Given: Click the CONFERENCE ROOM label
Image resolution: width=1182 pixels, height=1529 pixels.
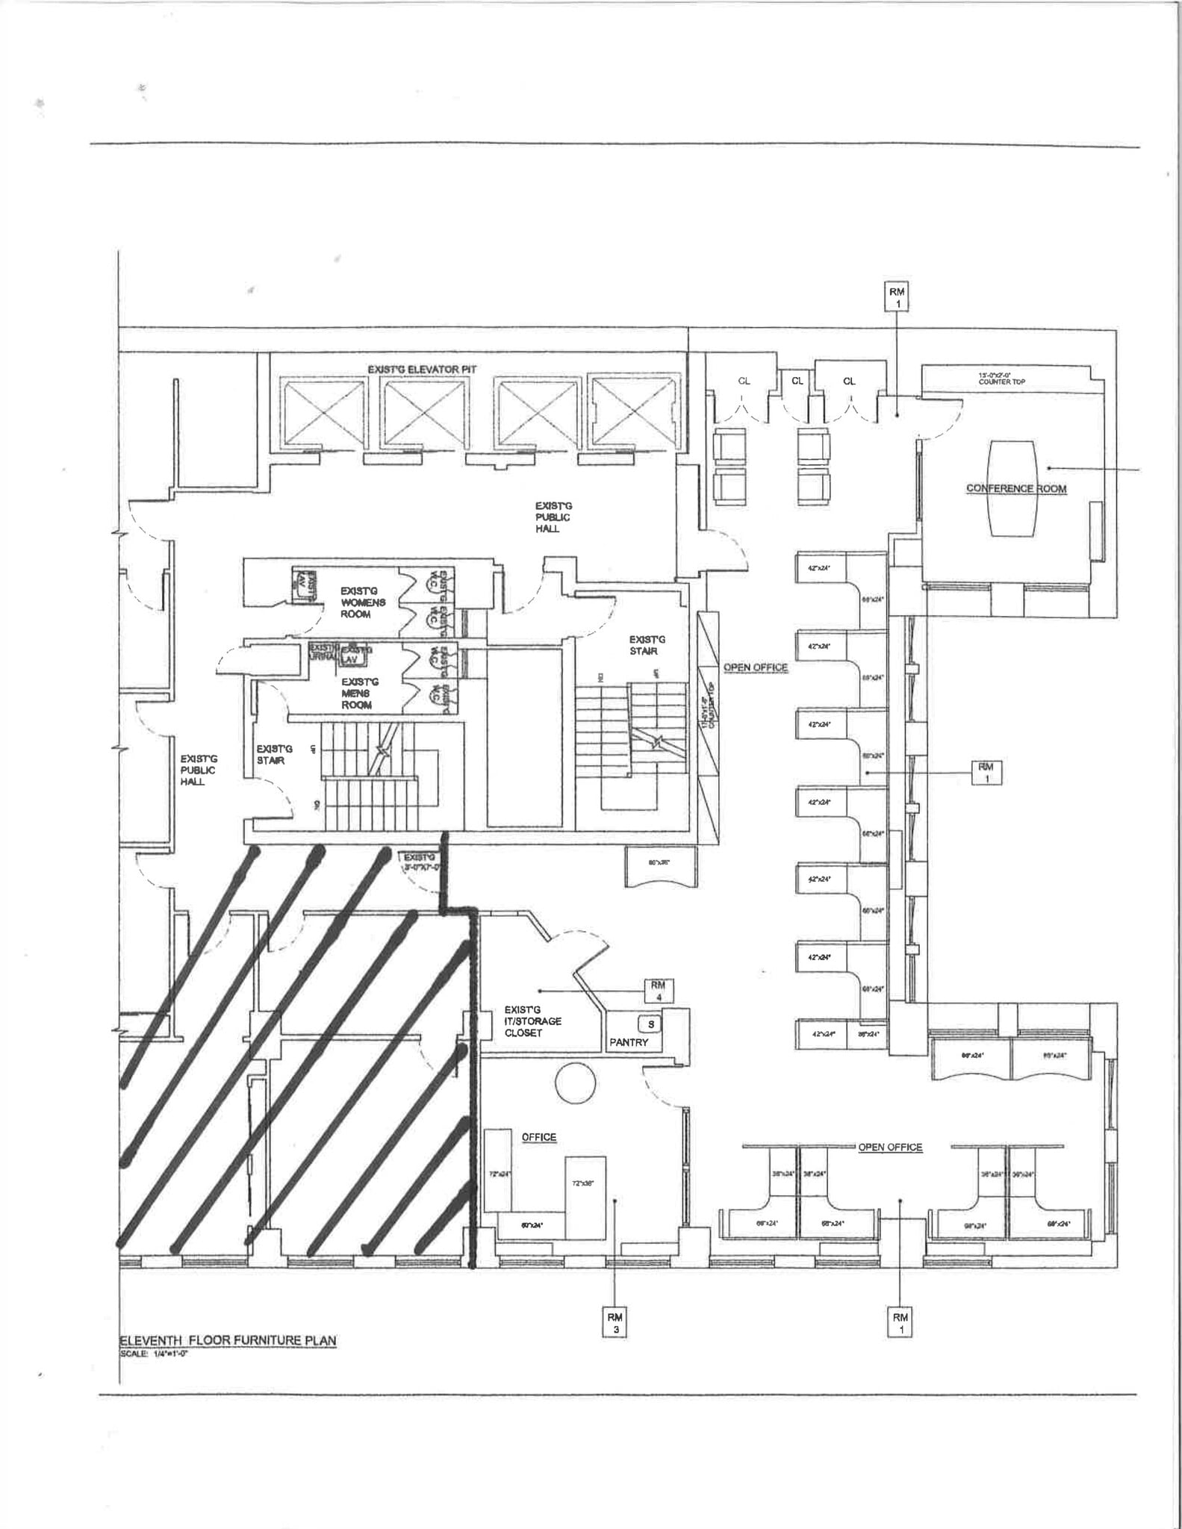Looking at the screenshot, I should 1015,488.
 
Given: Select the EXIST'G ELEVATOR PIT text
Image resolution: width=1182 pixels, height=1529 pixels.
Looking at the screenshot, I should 422,370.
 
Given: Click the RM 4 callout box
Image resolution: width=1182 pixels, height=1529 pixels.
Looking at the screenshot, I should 658,990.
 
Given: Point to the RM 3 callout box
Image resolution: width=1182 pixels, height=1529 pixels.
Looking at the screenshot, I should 615,1321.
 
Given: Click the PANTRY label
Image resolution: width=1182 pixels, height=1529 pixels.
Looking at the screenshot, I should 629,1042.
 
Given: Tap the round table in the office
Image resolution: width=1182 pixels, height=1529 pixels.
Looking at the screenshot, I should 575,1083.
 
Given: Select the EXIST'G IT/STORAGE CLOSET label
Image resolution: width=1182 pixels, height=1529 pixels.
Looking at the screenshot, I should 532,1021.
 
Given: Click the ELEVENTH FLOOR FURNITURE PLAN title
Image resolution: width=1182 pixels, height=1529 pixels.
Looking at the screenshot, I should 228,1340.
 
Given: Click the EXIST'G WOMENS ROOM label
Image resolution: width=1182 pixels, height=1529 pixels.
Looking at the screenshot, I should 363,602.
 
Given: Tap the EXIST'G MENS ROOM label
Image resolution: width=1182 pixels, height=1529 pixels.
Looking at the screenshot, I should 357,693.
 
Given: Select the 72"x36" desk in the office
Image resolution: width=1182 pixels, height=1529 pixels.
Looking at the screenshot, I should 585,1197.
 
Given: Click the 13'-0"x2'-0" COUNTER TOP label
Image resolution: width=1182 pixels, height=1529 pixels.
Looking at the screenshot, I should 1002,379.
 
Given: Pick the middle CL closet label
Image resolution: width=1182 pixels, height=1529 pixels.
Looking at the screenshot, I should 797,381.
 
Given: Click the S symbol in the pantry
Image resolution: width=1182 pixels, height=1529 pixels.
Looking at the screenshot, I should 650,1025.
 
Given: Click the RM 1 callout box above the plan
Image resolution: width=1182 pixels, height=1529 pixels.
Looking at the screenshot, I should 898,298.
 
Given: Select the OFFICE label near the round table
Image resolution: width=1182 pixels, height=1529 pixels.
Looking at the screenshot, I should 538,1137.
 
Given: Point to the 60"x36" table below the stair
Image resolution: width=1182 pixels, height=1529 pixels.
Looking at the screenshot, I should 660,866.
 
